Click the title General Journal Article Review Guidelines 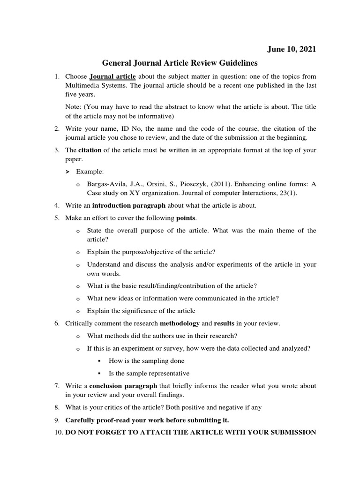pyautogui.click(x=180, y=63)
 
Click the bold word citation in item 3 pyautogui.click(x=89, y=150)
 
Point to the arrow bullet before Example pyautogui.click(x=67, y=172)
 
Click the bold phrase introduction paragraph pyautogui.click(x=129, y=205)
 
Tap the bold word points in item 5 pyautogui.click(x=186, y=218)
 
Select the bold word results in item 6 pyautogui.click(x=224, y=323)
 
